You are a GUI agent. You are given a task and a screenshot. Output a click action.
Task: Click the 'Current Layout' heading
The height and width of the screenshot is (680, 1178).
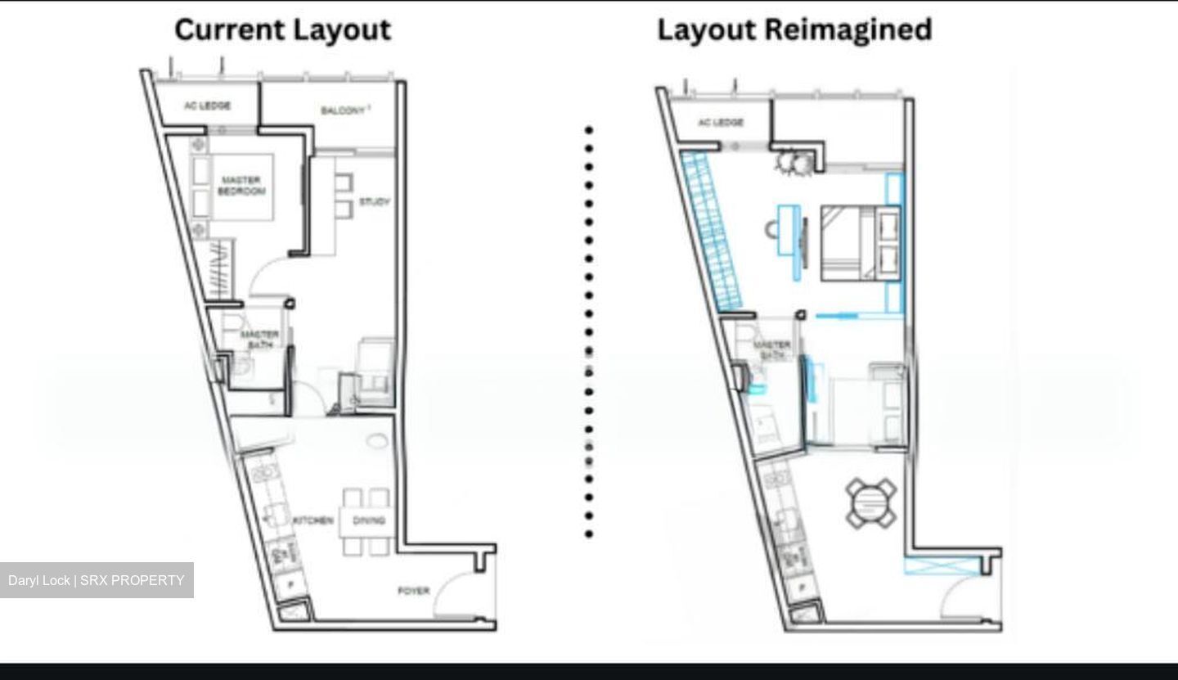282,30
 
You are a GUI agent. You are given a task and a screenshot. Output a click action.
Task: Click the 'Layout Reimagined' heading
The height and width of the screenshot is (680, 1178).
794,30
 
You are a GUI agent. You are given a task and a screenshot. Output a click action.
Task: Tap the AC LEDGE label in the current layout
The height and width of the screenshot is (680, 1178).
207,106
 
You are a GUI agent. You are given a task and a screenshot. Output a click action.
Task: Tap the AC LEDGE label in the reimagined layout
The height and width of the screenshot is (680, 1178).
721,123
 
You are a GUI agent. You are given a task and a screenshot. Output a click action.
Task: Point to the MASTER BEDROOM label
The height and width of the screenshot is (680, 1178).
241,186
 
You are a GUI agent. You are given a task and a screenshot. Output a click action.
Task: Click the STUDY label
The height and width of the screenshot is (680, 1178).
374,202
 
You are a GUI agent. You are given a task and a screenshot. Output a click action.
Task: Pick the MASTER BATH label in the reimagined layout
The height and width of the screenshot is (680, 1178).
771,350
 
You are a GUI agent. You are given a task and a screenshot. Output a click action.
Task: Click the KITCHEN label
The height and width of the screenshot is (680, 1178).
312,520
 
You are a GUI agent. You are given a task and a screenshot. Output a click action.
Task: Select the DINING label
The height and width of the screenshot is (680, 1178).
368,520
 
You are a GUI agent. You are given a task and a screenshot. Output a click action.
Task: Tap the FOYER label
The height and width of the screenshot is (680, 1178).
413,591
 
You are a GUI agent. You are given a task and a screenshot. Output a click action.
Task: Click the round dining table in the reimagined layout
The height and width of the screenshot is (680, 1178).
871,503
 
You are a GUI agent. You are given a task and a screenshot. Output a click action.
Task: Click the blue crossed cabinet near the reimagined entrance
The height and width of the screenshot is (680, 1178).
941,565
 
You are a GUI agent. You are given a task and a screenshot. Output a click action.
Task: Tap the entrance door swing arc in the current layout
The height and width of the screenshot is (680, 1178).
458,593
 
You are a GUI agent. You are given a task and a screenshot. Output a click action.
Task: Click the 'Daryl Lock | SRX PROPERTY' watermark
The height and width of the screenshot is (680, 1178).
97,580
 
